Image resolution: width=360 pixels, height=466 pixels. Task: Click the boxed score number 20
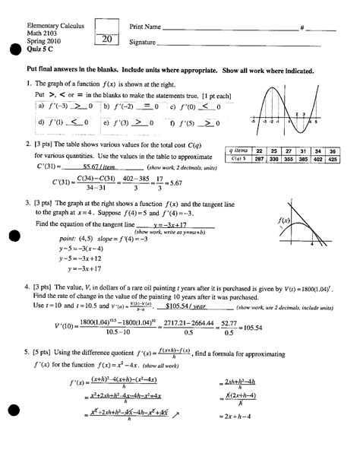(x=106, y=40)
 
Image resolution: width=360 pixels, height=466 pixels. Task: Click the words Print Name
(x=145, y=27)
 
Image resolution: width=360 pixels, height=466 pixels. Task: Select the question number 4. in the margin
(x=28, y=289)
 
